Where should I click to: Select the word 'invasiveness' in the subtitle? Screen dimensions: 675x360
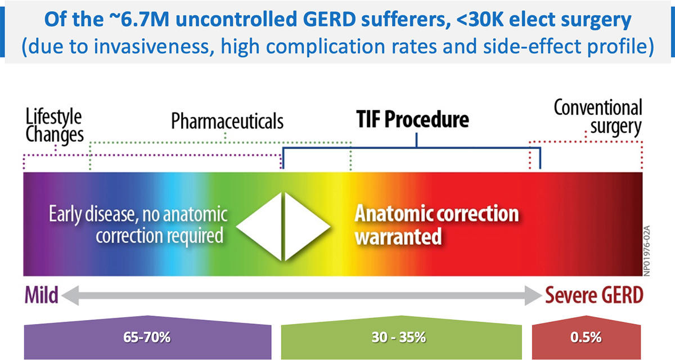click(x=152, y=46)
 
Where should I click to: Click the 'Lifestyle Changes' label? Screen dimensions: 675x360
click(x=54, y=125)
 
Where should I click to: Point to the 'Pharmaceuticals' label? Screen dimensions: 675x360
click(x=227, y=121)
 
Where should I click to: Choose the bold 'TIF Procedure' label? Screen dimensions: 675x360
click(x=412, y=119)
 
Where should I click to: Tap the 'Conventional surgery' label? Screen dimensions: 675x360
click(x=598, y=117)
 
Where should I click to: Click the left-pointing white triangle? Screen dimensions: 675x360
click(x=259, y=227)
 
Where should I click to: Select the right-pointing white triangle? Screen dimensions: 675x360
click(x=307, y=227)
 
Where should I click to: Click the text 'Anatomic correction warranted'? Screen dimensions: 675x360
click(x=436, y=225)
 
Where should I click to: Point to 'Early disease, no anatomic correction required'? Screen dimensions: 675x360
click(x=138, y=224)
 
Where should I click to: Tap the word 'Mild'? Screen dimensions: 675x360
click(x=41, y=295)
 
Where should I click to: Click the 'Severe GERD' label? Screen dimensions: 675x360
click(x=594, y=295)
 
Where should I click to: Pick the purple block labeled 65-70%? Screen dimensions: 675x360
click(x=147, y=337)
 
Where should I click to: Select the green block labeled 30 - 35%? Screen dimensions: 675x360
click(x=402, y=337)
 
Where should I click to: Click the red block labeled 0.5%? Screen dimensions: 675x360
click(x=586, y=337)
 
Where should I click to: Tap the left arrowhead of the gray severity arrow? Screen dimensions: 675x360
click(x=70, y=295)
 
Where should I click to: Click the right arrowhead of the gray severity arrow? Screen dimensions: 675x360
click(x=533, y=295)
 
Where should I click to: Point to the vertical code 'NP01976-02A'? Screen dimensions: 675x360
click(x=647, y=251)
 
